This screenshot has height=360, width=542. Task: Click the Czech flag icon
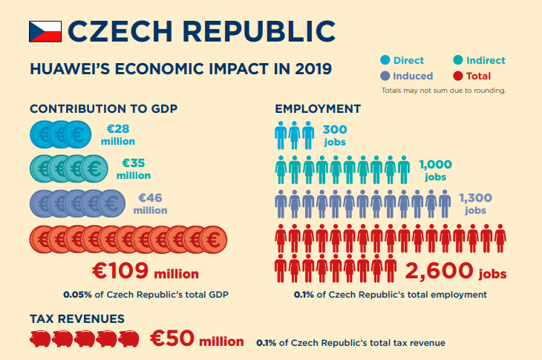point(45,31)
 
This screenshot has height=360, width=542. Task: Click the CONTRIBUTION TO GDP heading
point(103,109)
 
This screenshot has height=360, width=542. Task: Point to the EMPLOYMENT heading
point(318,109)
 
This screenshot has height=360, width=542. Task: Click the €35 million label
point(136,169)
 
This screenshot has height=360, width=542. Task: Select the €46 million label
point(151,203)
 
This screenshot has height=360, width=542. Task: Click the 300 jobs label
point(335,135)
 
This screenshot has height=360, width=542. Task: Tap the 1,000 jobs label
point(435,170)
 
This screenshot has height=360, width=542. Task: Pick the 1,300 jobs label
point(476,204)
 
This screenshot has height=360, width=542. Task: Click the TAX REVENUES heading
point(76,318)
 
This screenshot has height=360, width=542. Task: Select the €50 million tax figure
point(197,340)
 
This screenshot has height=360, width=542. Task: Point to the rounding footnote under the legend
point(443,90)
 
